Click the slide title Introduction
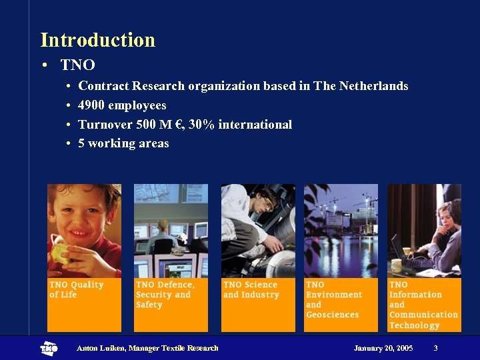[x=97, y=40]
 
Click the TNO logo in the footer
[x=49, y=348]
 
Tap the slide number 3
[x=435, y=348]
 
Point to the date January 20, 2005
[x=383, y=348]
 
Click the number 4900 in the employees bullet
[x=91, y=105]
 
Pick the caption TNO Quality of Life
[x=77, y=289]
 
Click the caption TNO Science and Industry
[x=251, y=289]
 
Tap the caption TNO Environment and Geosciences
[x=333, y=299]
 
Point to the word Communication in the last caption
[x=423, y=315]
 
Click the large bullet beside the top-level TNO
[x=42, y=65]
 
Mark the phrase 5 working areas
[x=123, y=143]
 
